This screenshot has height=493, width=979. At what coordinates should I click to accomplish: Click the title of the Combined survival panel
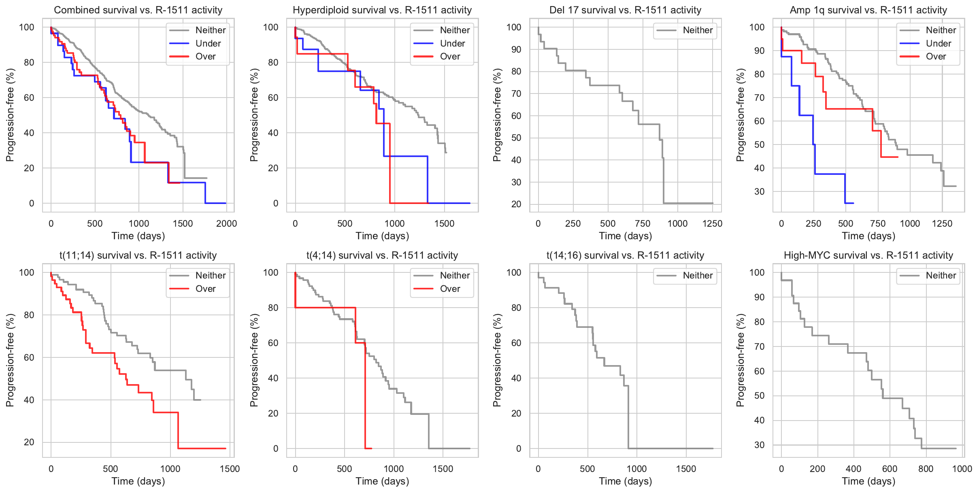pos(138,10)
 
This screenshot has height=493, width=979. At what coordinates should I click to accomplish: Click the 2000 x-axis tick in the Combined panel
pos(226,223)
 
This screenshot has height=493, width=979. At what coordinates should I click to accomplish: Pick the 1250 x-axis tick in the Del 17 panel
pos(712,223)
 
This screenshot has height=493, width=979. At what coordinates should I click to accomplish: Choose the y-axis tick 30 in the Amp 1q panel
pos(759,191)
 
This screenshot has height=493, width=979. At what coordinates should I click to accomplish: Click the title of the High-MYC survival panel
pos(868,255)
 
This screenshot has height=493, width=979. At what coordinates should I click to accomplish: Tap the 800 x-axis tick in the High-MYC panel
pos(926,469)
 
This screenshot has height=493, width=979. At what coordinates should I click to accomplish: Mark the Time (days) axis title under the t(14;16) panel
pos(625,481)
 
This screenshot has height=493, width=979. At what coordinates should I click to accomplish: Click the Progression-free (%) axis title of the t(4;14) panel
pos(254,360)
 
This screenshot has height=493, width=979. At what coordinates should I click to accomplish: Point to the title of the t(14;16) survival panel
pos(625,255)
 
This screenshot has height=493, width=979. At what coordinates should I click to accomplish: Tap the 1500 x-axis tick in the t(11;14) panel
pos(230,469)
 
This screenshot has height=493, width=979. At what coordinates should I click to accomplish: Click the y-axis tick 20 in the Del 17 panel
pos(516,204)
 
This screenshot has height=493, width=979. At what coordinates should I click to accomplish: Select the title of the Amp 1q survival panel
pos(868,10)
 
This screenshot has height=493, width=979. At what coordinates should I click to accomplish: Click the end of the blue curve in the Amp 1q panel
pos(853,203)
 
